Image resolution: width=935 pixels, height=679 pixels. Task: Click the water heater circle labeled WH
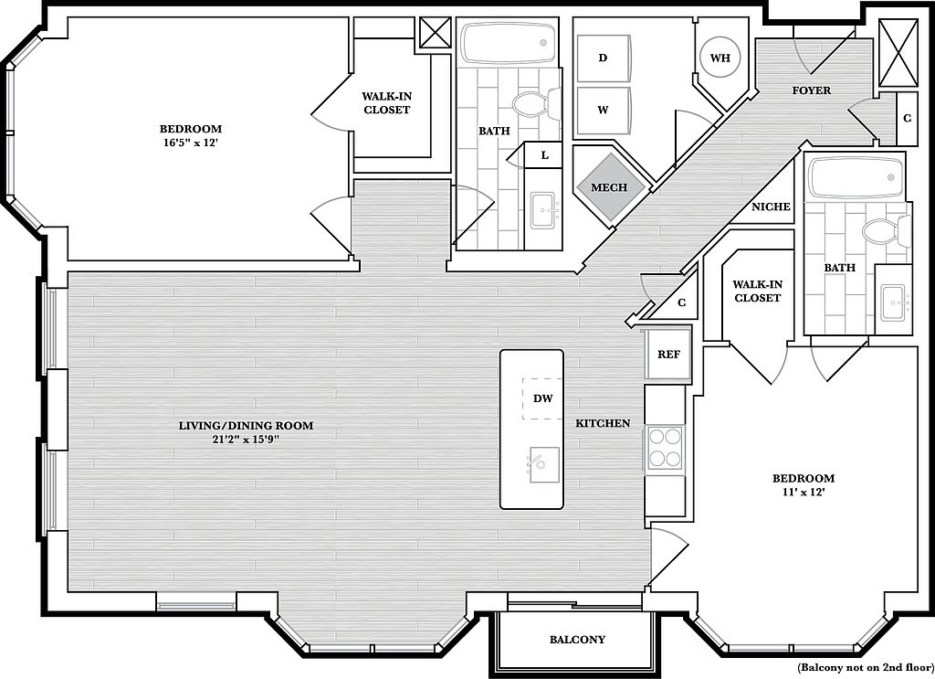(x=720, y=58)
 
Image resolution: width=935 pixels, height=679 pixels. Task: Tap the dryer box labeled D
(x=604, y=58)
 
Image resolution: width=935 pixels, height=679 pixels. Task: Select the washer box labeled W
(x=604, y=111)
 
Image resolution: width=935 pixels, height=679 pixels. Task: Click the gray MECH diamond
(x=609, y=187)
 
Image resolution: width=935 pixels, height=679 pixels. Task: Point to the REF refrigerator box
(x=668, y=355)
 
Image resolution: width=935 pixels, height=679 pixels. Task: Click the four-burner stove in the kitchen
(x=665, y=448)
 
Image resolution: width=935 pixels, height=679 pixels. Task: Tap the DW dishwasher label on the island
(x=542, y=398)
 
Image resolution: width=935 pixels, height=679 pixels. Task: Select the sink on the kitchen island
(x=542, y=465)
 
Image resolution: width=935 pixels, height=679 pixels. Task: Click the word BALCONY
(x=577, y=640)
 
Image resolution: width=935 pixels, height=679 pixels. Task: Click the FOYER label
(x=812, y=90)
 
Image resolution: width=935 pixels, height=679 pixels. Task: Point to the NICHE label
(x=771, y=207)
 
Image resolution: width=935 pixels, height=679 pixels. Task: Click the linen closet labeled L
(x=544, y=155)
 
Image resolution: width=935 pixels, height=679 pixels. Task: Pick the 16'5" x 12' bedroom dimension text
(x=190, y=143)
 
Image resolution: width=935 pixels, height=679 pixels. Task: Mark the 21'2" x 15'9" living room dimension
(x=247, y=440)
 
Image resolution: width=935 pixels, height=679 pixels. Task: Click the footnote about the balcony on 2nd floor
(x=866, y=668)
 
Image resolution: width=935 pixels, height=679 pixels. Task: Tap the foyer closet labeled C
(x=907, y=118)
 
